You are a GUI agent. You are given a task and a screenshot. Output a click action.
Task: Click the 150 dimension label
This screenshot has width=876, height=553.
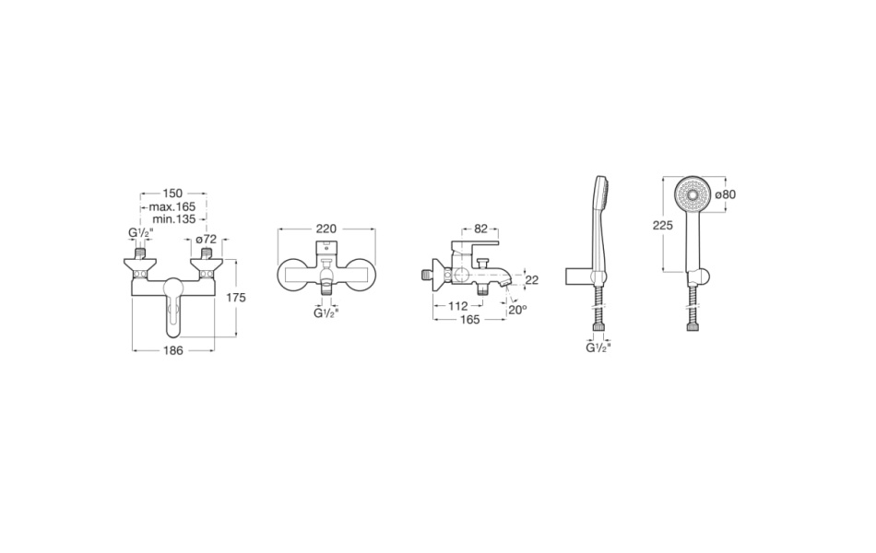[x=172, y=194]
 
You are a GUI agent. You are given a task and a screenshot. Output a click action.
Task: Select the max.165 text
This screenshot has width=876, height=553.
[x=172, y=206]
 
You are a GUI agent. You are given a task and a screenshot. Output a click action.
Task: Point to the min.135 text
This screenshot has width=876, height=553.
[x=173, y=219]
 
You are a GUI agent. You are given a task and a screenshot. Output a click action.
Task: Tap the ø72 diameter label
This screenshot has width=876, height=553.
[x=207, y=239]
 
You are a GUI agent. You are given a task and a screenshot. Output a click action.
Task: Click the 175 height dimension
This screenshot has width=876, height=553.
[x=236, y=298]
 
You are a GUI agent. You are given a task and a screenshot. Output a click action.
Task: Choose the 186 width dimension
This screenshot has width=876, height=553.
[x=172, y=351]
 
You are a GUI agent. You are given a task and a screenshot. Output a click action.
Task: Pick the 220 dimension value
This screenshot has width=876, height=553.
[x=326, y=229]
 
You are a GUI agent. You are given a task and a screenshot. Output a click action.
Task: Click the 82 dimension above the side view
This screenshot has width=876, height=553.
[x=480, y=229]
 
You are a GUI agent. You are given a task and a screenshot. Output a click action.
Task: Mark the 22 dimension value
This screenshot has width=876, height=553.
[x=532, y=280]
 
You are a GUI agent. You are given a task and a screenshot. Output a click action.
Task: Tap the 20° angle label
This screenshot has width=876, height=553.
[x=517, y=309]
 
